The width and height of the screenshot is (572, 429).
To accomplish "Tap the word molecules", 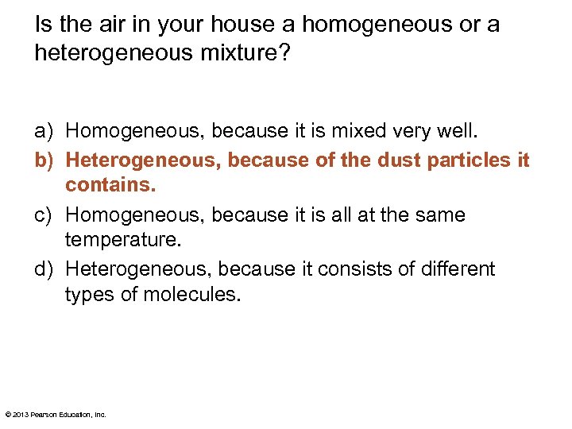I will coord(191,295).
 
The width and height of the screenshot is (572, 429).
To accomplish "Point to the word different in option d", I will coord(454,269).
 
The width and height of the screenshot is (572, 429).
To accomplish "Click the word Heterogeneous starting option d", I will coord(135,269).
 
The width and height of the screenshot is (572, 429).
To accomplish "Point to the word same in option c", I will coord(444,214).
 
